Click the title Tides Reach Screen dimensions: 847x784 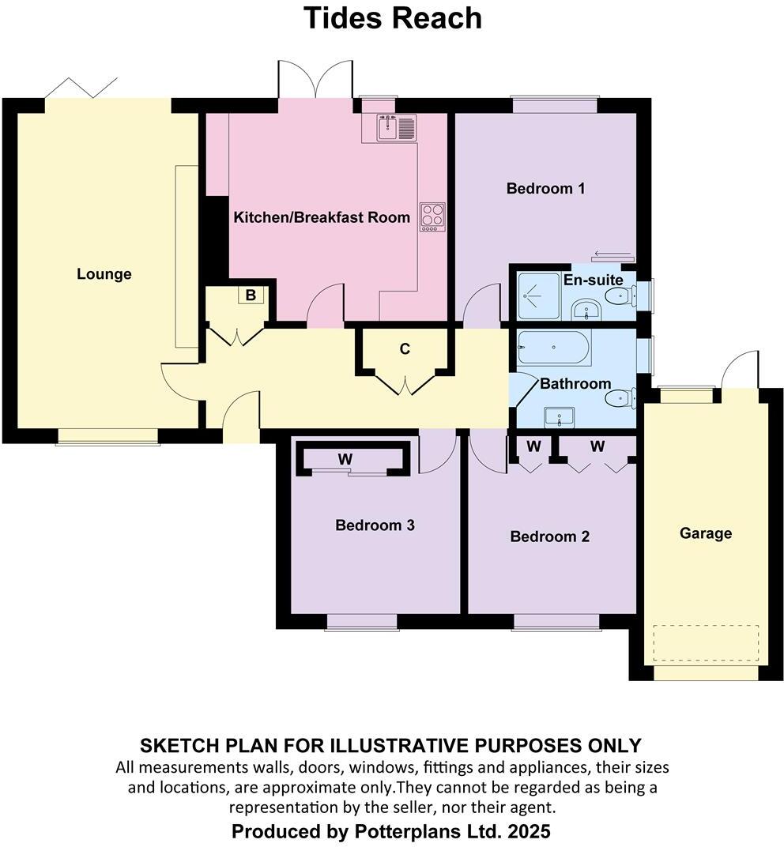coord(393,17)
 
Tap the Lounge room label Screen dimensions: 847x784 coord(104,274)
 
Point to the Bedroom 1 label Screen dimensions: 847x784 coord(545,189)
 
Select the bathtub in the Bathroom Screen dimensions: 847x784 coord(553,348)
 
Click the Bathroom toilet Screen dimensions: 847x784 coord(619,397)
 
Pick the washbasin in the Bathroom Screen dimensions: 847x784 coord(560,416)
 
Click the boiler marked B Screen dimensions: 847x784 coord(251,296)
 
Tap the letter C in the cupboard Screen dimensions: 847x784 coord(405,348)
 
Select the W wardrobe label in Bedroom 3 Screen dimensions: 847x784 coord(345,458)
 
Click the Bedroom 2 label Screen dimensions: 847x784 coord(550,537)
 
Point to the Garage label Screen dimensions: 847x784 coord(706,533)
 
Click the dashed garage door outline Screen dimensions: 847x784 coord(706,643)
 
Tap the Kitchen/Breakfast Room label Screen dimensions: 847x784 coord(322,217)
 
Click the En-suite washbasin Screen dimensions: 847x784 coord(586,308)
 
